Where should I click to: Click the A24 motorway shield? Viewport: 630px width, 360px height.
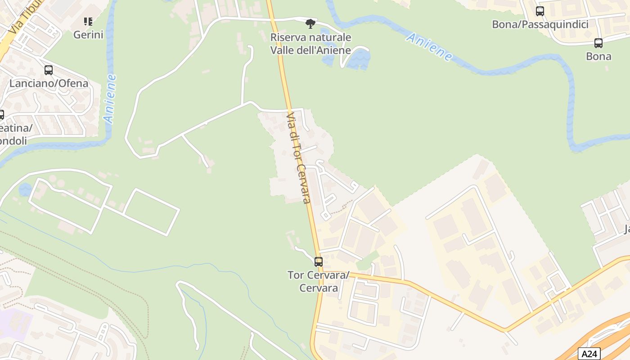coord(589,354)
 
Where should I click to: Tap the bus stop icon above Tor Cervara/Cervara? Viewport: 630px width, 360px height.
coord(319,261)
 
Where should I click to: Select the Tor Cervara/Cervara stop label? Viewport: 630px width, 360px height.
coord(319,281)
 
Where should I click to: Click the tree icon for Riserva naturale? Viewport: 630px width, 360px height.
coord(310,23)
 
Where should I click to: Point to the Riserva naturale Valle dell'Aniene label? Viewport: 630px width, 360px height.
coord(310,44)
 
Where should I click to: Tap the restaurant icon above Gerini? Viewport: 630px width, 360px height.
coord(88,21)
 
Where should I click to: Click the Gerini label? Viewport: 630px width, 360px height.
coord(88,35)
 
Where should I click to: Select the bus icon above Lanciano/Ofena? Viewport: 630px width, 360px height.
coord(49,70)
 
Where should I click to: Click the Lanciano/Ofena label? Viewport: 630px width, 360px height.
coord(49,83)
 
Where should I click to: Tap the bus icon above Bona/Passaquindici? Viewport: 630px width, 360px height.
coord(540,11)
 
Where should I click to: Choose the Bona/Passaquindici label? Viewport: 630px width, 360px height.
coord(540,24)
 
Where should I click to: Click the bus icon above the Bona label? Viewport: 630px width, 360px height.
coord(598,43)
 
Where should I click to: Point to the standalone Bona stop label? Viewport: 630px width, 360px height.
coord(598,56)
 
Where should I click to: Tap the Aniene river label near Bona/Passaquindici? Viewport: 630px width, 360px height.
coord(429,47)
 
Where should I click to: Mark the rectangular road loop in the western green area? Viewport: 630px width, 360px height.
coord(151,212)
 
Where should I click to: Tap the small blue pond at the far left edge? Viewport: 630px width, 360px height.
coord(25,189)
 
